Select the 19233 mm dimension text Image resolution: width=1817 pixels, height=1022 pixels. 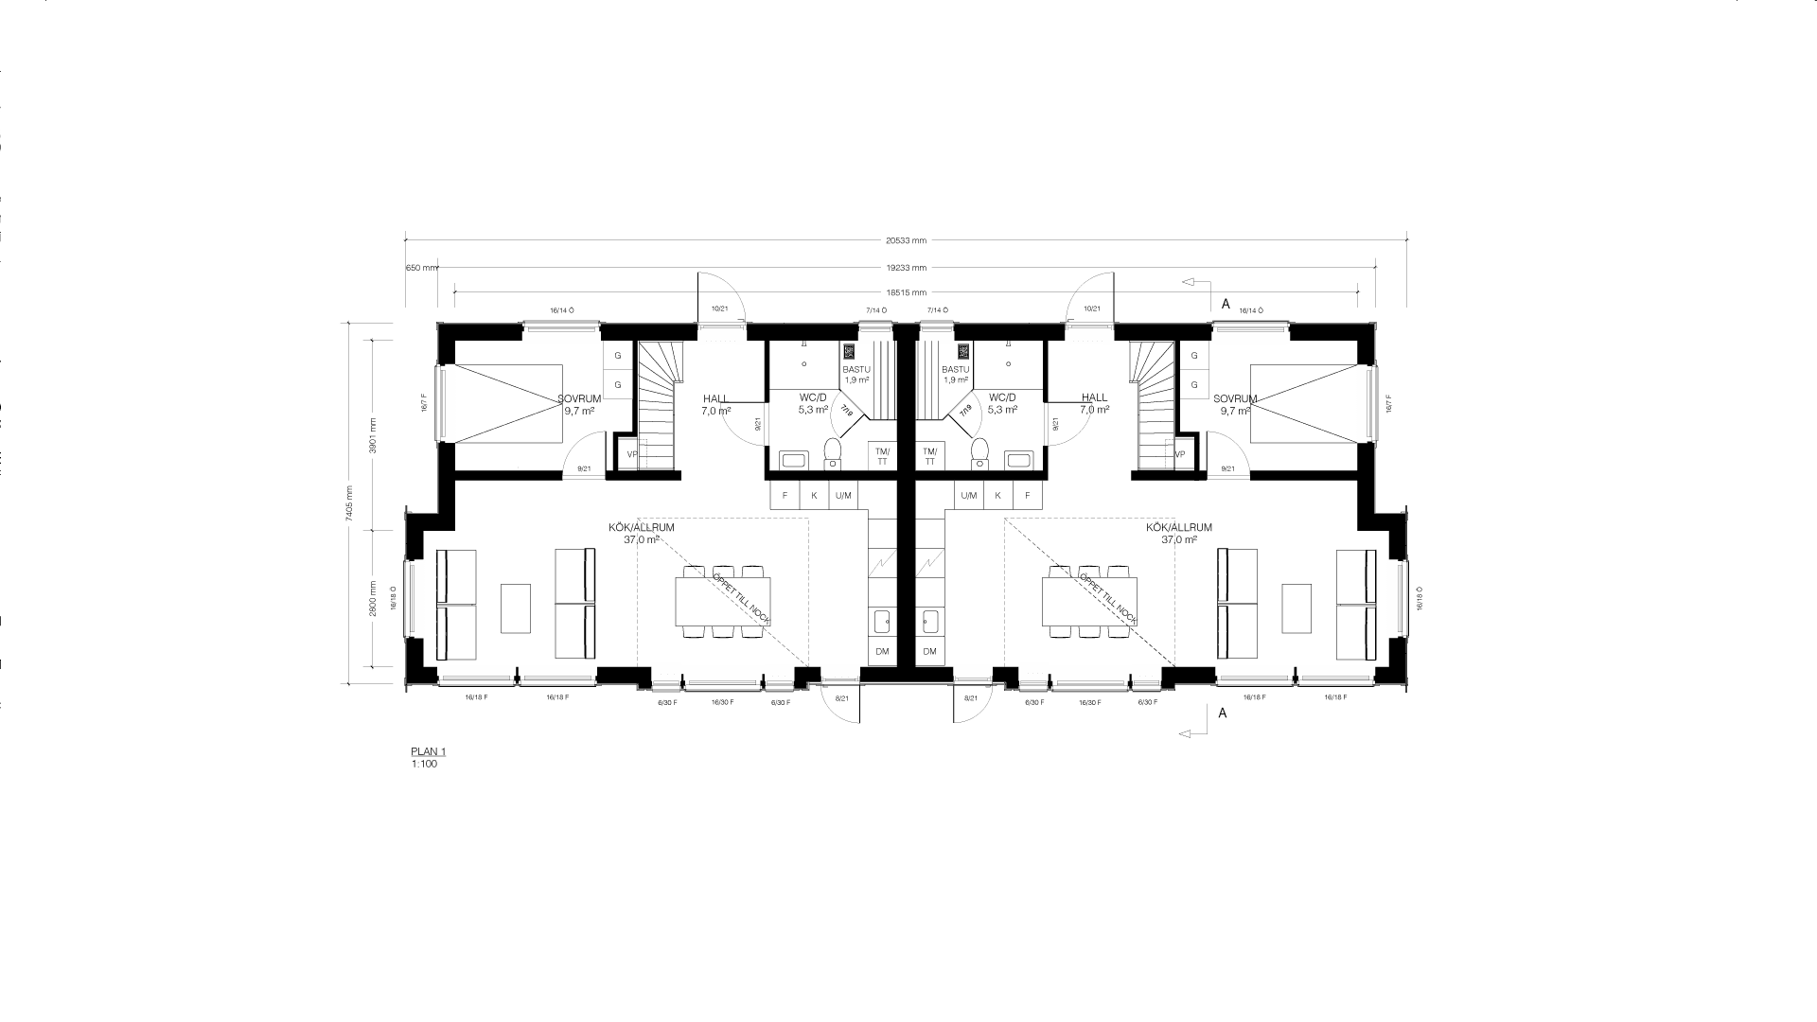click(x=906, y=268)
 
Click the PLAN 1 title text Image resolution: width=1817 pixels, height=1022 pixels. click(x=428, y=752)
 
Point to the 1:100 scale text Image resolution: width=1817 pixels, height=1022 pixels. click(x=424, y=764)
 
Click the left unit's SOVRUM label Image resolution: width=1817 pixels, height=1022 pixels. click(x=579, y=399)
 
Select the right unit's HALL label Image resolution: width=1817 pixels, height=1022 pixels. click(x=1094, y=398)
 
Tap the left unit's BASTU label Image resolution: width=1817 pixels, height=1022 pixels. click(x=856, y=370)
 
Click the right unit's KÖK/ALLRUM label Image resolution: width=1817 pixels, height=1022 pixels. click(x=1178, y=528)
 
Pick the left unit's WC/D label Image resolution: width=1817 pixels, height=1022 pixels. click(x=812, y=398)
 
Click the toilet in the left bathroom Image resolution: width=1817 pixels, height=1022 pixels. click(x=833, y=451)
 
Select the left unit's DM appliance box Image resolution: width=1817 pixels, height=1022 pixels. click(x=882, y=652)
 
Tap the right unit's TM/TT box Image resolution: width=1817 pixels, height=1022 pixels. click(x=929, y=456)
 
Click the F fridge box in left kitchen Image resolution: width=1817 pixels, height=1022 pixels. click(x=785, y=496)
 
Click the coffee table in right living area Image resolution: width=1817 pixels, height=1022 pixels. click(x=1297, y=608)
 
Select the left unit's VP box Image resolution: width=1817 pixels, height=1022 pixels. click(x=630, y=454)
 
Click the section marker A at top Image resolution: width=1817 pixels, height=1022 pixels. click(x=1226, y=304)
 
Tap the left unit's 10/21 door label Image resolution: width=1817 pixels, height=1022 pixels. click(x=719, y=309)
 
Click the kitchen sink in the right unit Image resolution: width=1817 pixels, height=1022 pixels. click(x=929, y=622)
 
